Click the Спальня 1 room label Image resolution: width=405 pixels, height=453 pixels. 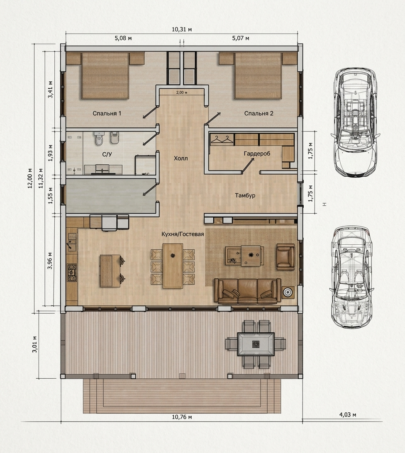click(107, 113)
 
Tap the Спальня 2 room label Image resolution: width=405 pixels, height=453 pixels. click(259, 113)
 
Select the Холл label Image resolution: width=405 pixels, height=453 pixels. click(181, 158)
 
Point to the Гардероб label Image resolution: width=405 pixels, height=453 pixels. click(257, 153)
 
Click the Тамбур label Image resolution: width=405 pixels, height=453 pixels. click(245, 195)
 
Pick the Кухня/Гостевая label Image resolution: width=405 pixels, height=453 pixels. click(183, 234)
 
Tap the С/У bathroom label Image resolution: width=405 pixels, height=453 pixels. click(107, 155)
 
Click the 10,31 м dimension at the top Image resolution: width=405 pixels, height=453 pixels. click(182, 29)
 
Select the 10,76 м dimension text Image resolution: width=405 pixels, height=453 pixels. click(182, 417)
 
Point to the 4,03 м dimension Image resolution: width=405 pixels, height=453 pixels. click(347, 414)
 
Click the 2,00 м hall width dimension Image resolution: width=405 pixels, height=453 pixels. click(182, 93)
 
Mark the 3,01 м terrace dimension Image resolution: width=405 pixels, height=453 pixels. click(35, 344)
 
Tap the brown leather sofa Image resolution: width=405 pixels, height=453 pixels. click(248, 291)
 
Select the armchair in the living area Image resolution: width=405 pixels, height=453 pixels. click(285, 256)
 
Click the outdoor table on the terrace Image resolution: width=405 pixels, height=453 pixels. click(255, 344)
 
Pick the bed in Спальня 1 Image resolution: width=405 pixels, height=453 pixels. click(105, 75)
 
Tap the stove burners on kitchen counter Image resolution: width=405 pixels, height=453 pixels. click(72, 272)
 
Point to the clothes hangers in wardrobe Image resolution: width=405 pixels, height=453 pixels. click(222, 139)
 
